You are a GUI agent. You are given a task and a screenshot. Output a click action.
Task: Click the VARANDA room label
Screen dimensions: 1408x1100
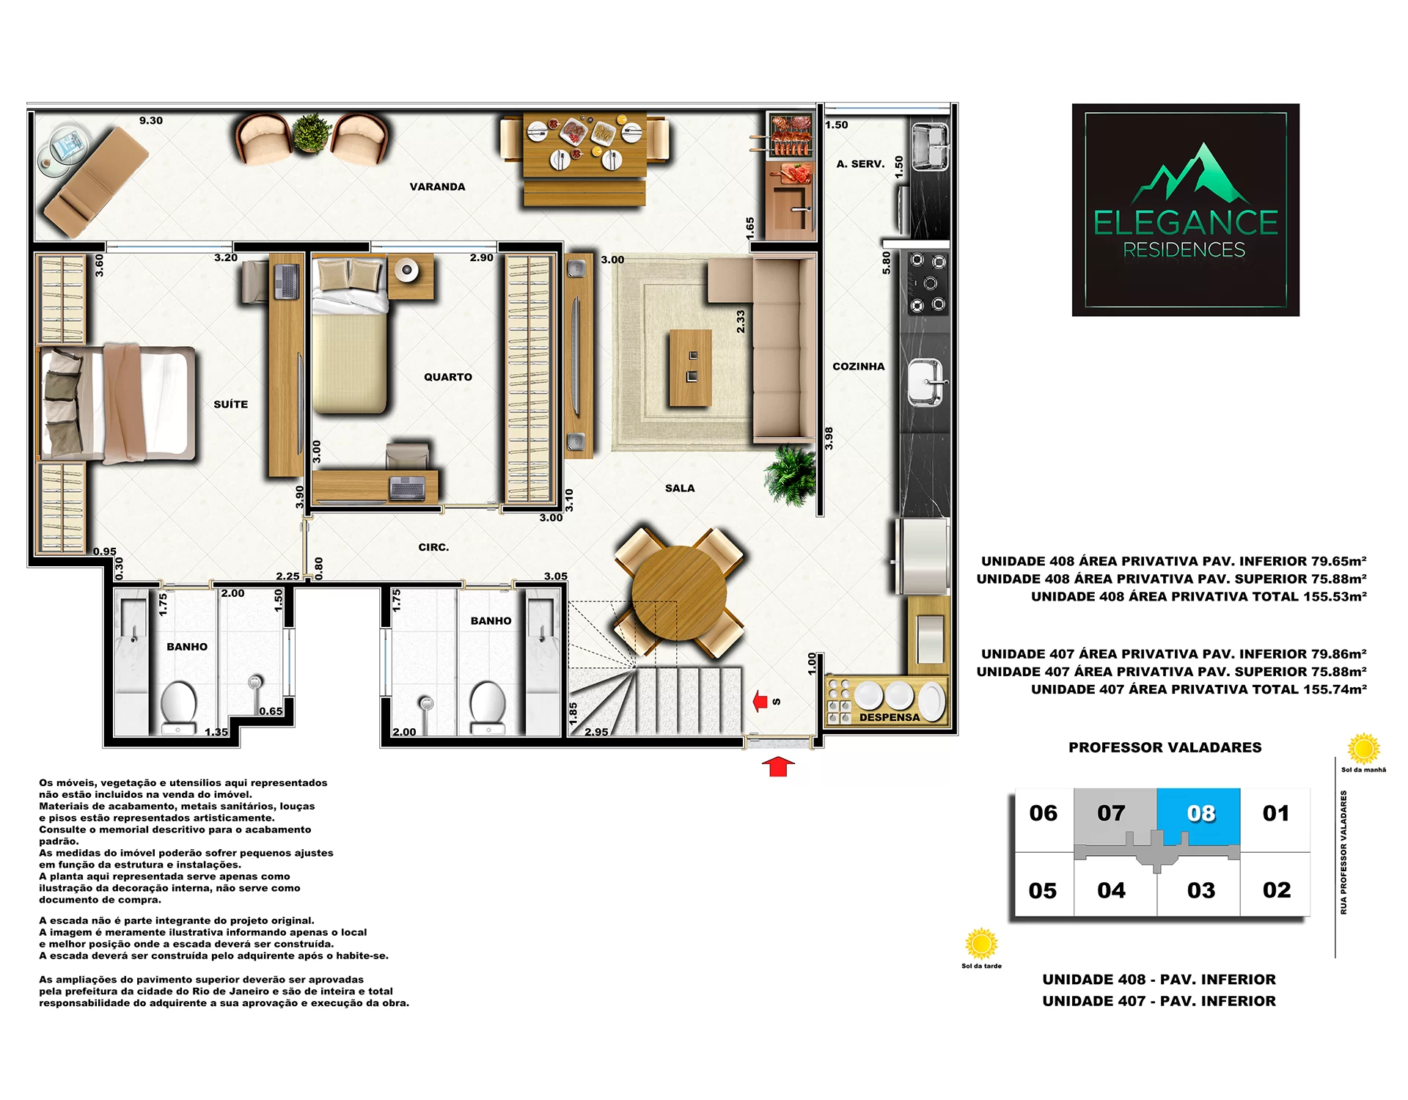coord(437,187)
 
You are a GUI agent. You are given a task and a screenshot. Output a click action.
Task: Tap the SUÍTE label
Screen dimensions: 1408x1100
coord(231,404)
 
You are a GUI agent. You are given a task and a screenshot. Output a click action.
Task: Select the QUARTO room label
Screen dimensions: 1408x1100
coord(448,377)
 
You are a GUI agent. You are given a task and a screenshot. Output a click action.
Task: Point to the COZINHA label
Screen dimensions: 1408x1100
coord(859,367)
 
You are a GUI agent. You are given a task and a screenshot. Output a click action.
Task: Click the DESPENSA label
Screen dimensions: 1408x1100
coord(890,717)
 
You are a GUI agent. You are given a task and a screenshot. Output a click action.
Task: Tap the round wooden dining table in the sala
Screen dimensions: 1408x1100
coord(678,593)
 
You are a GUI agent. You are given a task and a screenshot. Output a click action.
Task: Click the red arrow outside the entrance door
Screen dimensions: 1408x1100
coord(778,766)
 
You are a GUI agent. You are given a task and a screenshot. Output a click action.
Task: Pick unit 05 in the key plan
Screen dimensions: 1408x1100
coord(1043,890)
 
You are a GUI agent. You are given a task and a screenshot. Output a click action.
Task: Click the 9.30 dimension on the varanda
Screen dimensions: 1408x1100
coord(151,120)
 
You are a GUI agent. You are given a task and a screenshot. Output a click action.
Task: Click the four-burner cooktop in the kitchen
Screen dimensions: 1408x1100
coord(928,283)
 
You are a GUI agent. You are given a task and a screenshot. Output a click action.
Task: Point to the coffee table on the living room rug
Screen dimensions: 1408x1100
coord(690,367)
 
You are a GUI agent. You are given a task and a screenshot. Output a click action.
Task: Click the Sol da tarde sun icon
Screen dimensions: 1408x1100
coord(981,944)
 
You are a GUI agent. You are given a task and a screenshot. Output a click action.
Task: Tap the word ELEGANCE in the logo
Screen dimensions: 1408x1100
coord(1185,223)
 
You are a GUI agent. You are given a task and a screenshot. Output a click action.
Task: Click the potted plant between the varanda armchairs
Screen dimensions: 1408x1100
coord(312,133)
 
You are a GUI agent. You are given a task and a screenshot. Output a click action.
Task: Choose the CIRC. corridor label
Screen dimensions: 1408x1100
coord(433,547)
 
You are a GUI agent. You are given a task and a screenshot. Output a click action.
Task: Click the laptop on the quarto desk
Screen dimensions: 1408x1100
coord(408,487)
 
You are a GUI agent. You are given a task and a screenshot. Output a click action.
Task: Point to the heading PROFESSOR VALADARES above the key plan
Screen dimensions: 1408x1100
coord(1165,747)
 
